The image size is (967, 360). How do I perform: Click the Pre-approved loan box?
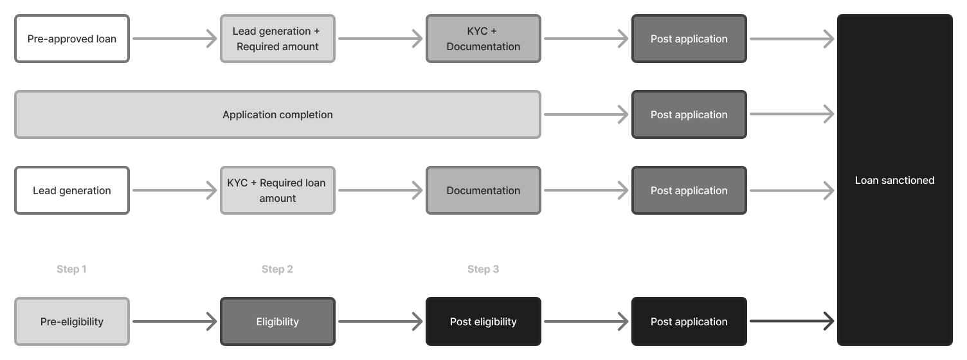72,39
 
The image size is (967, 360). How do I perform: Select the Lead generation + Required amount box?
277,39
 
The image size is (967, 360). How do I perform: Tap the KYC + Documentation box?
483,39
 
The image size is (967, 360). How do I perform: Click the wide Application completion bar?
277,114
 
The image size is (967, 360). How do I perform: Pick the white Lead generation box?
72,190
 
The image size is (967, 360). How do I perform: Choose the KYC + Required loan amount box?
277,190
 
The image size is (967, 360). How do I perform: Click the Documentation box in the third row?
483,190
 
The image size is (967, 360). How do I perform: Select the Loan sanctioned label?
894,181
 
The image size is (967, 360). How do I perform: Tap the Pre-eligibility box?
72,321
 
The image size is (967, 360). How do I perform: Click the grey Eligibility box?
277,321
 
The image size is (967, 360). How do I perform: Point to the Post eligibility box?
483,321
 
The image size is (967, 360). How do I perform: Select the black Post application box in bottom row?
689,321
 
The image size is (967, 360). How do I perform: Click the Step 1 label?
71,269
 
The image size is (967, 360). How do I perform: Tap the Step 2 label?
277,269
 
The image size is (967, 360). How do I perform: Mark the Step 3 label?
483,269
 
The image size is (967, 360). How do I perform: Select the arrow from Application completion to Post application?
586,114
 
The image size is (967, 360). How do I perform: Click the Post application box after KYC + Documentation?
689,39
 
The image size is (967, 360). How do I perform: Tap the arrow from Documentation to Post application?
586,190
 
